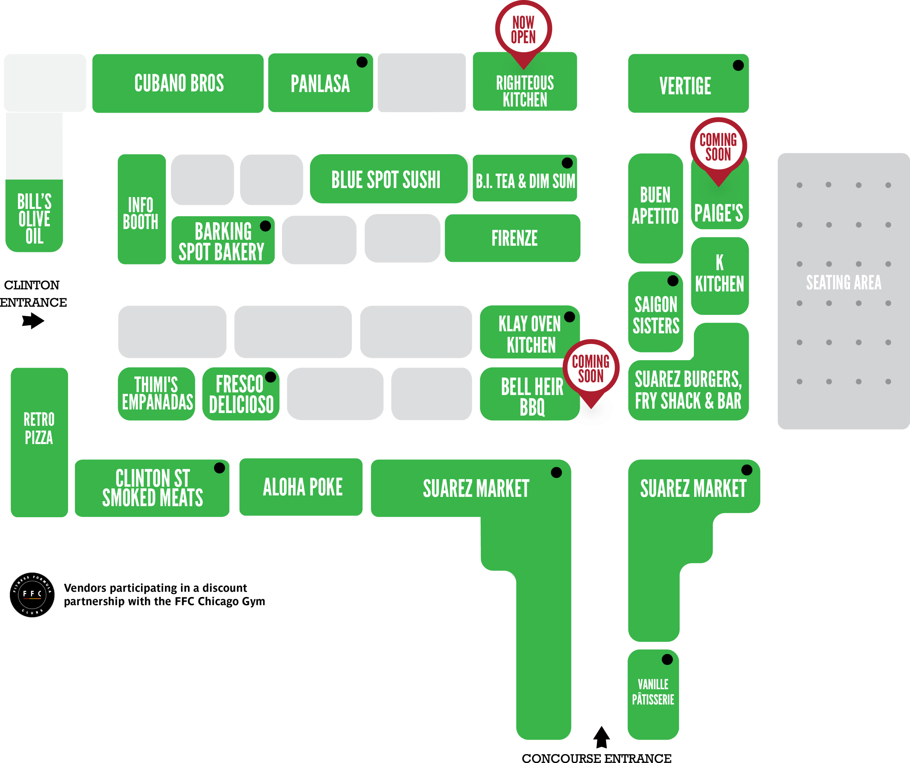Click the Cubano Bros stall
[178, 83]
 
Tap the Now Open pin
[524, 30]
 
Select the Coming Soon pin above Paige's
[718, 147]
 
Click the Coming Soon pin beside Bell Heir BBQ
[591, 368]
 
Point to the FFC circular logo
[32, 594]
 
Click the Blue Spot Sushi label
[386, 179]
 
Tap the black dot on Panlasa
[362, 62]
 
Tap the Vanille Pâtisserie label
[653, 692]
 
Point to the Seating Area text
[843, 283]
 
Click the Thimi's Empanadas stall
[157, 394]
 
